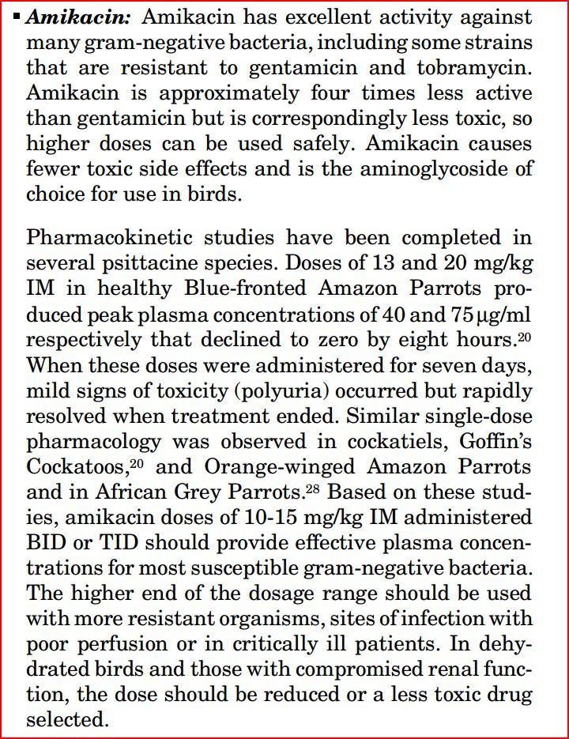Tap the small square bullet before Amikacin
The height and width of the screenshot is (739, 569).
point(17,16)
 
